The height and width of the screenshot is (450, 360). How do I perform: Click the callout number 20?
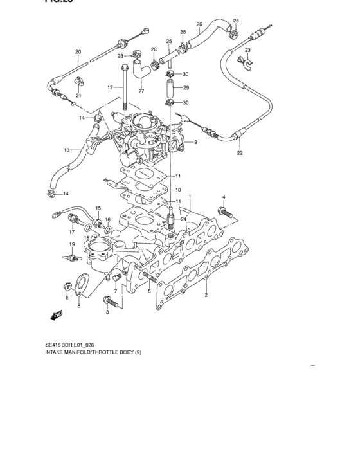click(78, 52)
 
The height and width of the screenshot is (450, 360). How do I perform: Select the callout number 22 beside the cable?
click(239, 153)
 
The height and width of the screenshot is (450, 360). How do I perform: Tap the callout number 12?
click(110, 87)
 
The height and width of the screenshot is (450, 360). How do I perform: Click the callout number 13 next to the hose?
click(66, 150)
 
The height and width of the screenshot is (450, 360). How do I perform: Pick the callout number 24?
click(184, 219)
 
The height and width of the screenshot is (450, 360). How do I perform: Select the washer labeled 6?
click(67, 285)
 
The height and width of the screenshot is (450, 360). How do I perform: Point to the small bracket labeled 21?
click(79, 81)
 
